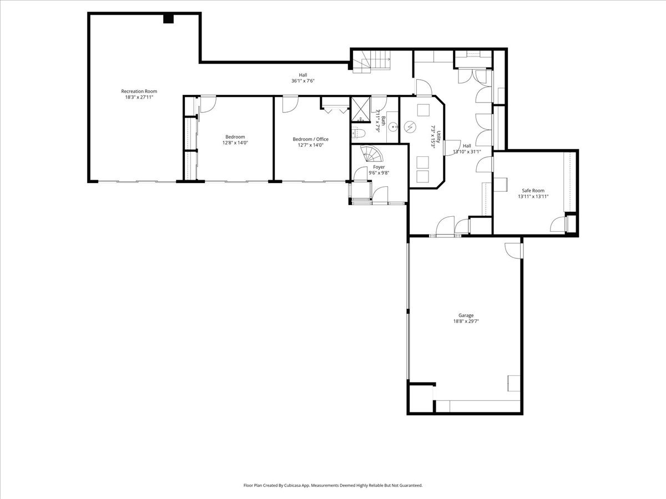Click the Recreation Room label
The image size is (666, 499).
click(139, 91)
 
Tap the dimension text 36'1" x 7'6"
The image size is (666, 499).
click(303, 81)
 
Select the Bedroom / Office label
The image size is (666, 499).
click(310, 139)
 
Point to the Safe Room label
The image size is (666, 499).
click(533, 191)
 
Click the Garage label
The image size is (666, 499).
click(466, 315)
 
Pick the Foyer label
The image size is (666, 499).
click(379, 167)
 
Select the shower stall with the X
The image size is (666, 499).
click(361, 110)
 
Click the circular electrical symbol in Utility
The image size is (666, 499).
click(410, 127)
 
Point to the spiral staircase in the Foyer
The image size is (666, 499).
click(371, 154)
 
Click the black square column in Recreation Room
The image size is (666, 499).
click(168, 18)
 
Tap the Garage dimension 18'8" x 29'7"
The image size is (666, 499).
click(466, 321)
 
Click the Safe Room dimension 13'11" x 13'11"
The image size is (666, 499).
click(533, 196)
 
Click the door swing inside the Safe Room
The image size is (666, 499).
click(558, 225)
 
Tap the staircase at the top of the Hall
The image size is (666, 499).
click(371, 62)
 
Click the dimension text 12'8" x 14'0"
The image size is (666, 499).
click(235, 142)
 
